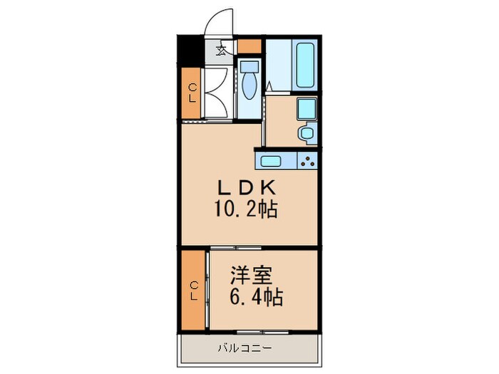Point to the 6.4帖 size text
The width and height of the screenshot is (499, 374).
point(255,295)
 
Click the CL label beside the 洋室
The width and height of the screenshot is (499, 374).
point(193,290)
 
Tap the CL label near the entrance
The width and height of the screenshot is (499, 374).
point(192,93)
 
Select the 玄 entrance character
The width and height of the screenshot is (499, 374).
point(222,50)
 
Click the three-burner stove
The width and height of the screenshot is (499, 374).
point(308,161)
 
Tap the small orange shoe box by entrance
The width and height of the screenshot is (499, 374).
point(249,47)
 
